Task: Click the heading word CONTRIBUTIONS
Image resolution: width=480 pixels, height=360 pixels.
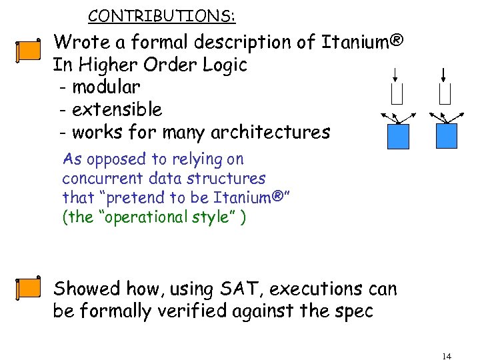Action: click(161, 15)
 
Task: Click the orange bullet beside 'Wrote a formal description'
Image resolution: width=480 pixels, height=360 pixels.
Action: click(28, 51)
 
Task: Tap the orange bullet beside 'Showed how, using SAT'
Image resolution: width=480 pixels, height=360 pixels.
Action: click(28, 287)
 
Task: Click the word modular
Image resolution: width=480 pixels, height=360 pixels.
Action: click(106, 87)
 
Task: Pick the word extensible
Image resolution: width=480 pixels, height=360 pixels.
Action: click(117, 109)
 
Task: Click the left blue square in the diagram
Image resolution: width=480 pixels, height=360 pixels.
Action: click(399, 136)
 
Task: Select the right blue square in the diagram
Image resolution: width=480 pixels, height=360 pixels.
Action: click(447, 136)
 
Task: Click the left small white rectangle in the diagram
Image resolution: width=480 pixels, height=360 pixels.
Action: click(397, 95)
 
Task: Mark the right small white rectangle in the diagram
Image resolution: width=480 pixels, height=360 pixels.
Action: click(445, 95)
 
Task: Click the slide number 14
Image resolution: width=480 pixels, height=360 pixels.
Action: click(446, 356)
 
